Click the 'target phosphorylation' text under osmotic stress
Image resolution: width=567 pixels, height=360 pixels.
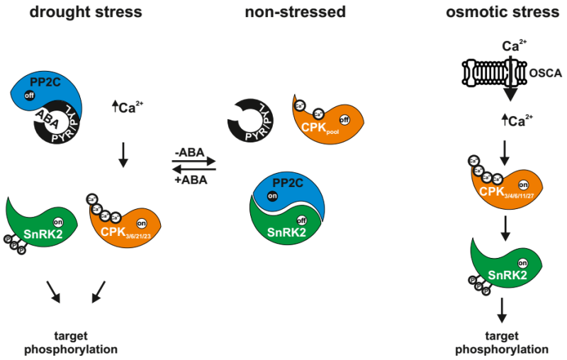click(501, 342)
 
